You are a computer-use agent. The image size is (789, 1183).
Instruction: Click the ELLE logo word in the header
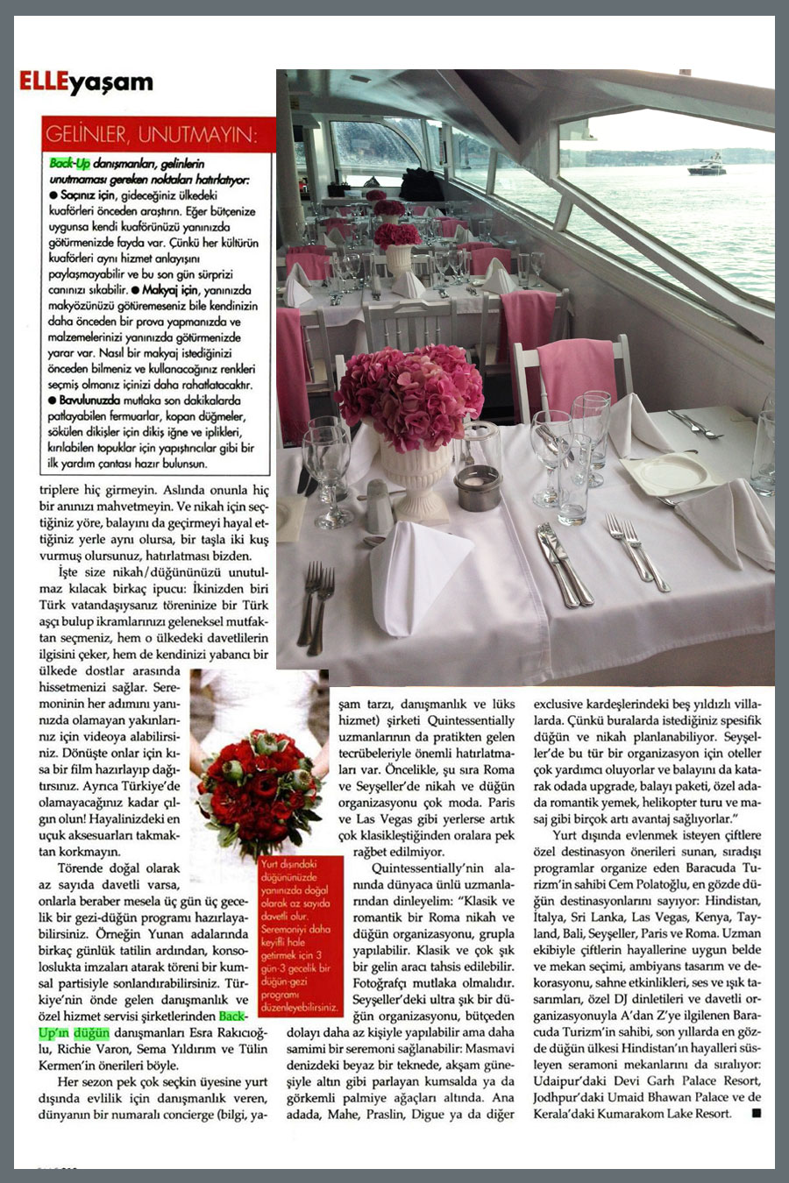43,84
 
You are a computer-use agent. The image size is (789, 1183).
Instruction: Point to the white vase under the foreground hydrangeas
416,478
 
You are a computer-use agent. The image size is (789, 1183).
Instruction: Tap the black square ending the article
756,1114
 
